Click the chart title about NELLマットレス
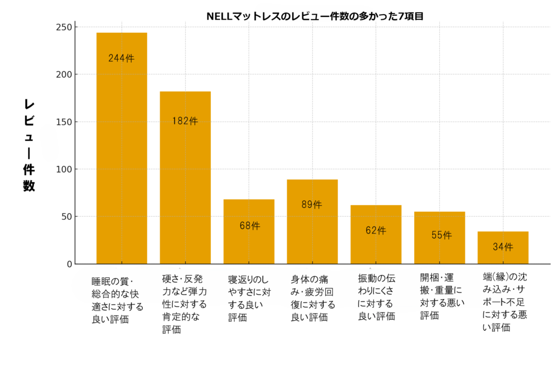pyautogui.click(x=315, y=16)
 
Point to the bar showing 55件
pyautogui.click(x=439, y=237)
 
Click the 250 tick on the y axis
pyautogui.click(x=64, y=27)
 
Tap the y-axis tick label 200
pyautogui.click(x=64, y=74)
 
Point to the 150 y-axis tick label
pyautogui.click(x=64, y=122)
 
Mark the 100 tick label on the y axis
pyautogui.click(x=64, y=169)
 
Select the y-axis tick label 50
pyautogui.click(x=66, y=217)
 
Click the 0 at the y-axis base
pyautogui.click(x=69, y=264)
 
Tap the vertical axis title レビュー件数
pyautogui.click(x=29, y=145)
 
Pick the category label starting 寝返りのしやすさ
pyautogui.click(x=248, y=298)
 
